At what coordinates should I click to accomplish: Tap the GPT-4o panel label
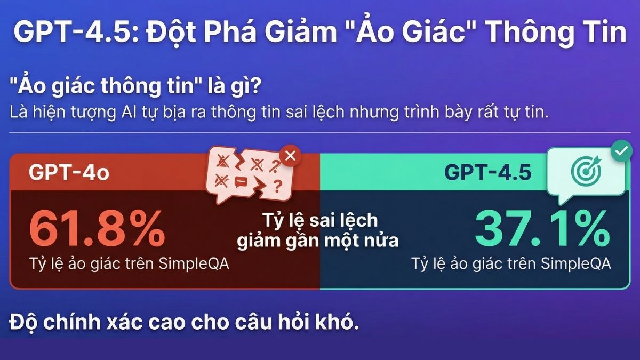coord(69,173)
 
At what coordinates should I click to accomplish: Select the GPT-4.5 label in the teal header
coord(489,173)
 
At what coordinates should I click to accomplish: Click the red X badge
coord(291,156)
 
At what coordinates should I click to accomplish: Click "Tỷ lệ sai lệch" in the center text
coord(320,220)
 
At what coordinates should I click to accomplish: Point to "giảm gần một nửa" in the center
coord(318,240)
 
